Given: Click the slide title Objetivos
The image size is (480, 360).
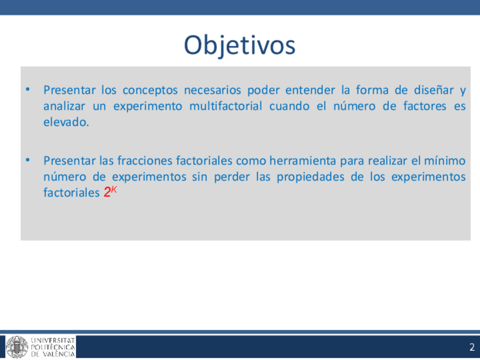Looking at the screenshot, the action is click(239, 45).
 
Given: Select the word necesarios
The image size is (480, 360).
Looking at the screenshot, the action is click(212, 90).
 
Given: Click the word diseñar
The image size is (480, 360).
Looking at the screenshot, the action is click(434, 90).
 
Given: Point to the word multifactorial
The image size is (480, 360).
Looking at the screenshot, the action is click(226, 106).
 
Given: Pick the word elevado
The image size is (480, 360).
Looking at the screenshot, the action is click(66, 122).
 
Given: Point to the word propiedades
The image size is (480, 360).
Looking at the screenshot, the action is click(311, 177).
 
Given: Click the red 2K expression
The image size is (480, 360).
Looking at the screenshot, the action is click(110, 192).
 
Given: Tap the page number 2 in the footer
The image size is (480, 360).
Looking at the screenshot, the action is click(472, 347).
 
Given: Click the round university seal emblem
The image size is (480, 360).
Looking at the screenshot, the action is click(17, 347).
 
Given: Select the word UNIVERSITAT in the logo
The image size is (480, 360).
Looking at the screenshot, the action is click(53, 340).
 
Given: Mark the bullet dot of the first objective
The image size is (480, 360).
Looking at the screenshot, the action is click(28, 89).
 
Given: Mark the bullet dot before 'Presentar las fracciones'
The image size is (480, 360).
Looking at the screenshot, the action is click(28, 160).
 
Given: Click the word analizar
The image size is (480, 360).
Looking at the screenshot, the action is click(65, 106).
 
